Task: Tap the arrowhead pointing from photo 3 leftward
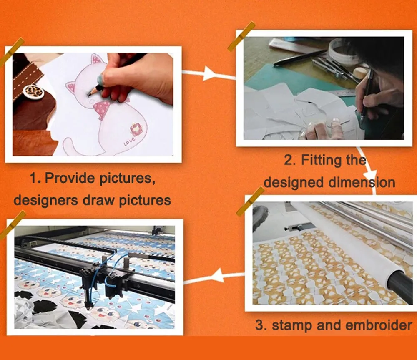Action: point(219,275)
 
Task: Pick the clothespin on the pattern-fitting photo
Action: point(241,36)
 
